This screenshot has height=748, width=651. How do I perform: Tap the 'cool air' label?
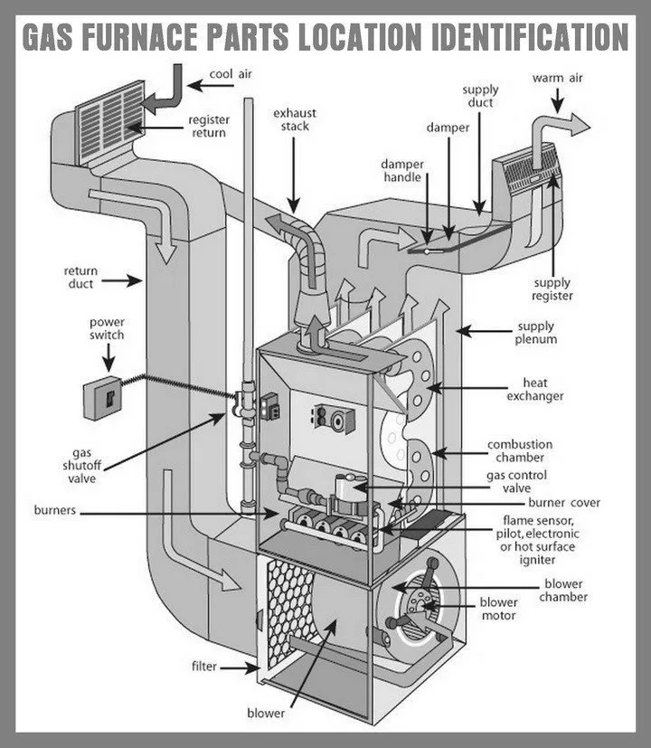click(x=230, y=76)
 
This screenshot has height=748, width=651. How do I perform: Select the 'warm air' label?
click(x=558, y=78)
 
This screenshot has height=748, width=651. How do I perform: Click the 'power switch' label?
click(x=107, y=329)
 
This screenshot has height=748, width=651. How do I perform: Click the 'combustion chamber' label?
click(x=520, y=451)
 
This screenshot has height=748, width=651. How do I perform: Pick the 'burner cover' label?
click(x=564, y=503)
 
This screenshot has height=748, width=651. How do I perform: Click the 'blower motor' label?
click(x=498, y=609)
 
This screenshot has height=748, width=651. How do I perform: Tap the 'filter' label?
click(x=203, y=668)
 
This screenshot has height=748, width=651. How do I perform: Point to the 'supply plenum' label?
click(x=537, y=333)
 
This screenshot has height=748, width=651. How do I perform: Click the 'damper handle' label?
click(x=401, y=171)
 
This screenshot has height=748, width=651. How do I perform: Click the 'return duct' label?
click(x=81, y=277)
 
